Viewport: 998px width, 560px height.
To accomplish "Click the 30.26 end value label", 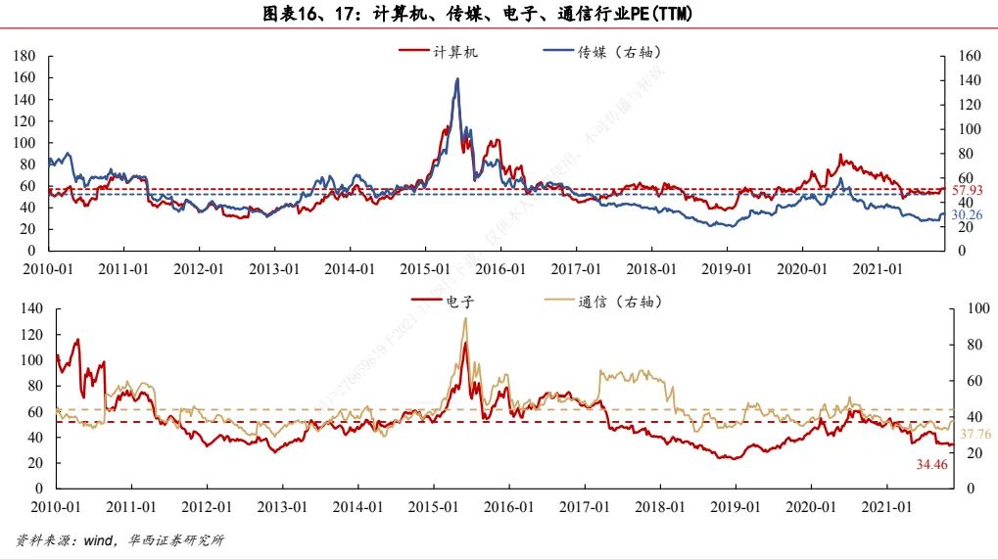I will click(967, 214).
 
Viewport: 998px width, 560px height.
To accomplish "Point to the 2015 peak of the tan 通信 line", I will click(465, 318).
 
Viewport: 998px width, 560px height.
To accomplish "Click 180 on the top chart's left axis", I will click(25, 57).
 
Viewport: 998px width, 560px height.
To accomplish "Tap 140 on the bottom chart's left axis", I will click(32, 308).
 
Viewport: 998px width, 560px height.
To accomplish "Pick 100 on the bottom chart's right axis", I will click(969, 308).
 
